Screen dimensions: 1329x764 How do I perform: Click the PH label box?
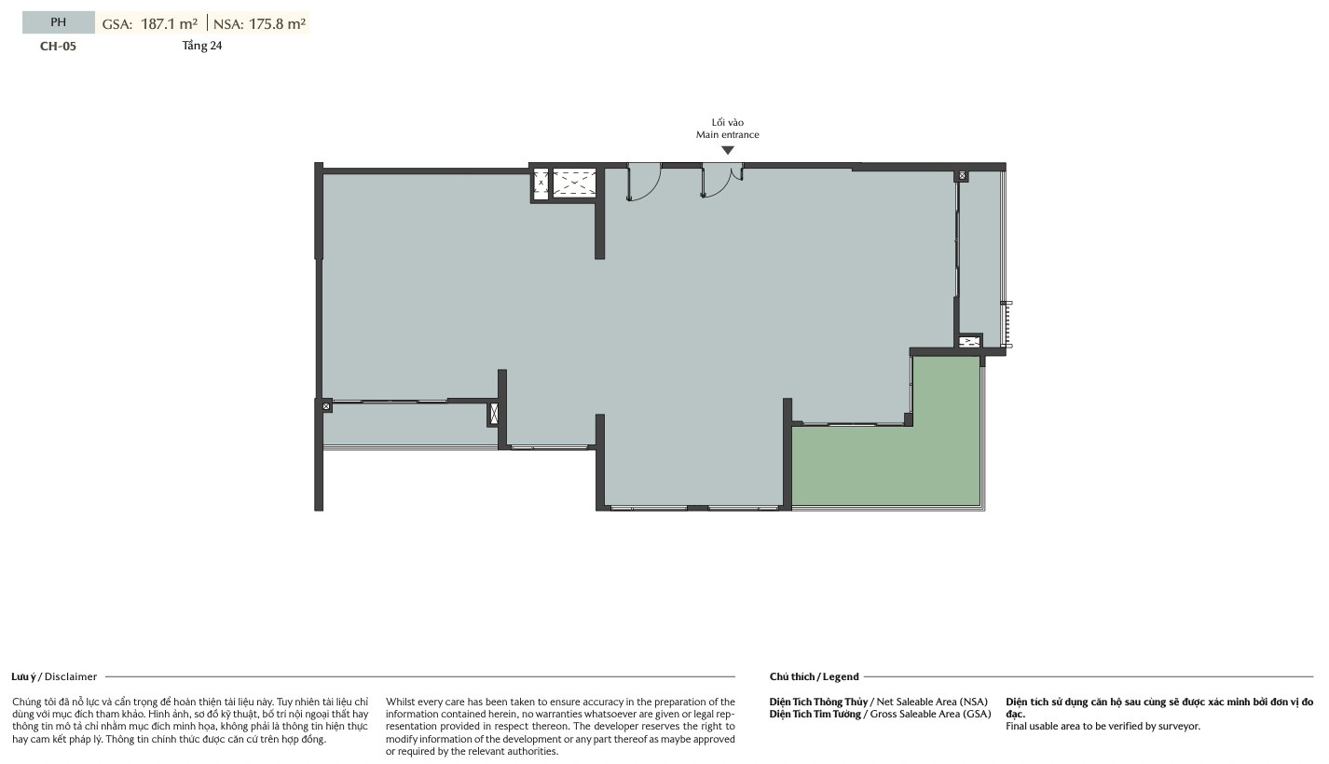(x=58, y=22)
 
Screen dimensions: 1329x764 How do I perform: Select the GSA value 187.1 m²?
(x=169, y=23)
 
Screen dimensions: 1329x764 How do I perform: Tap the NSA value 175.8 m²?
(x=277, y=23)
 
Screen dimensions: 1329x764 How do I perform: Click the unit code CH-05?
(x=58, y=47)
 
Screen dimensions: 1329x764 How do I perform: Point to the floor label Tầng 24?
(x=201, y=46)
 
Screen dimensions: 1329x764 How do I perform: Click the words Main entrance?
(x=727, y=135)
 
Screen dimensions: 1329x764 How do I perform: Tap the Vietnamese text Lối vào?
(x=727, y=122)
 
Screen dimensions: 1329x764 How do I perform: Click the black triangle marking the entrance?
(x=727, y=151)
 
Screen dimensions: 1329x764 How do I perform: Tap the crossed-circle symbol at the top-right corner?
(x=962, y=175)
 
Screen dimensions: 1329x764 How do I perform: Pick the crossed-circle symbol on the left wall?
(x=325, y=406)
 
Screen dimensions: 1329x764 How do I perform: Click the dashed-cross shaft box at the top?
(x=574, y=183)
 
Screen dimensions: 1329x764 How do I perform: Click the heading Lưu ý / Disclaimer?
(x=54, y=676)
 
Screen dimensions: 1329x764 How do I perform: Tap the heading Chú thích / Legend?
(x=814, y=676)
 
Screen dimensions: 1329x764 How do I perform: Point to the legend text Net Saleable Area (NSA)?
(x=932, y=702)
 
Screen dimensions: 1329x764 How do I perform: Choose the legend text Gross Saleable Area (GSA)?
(x=930, y=714)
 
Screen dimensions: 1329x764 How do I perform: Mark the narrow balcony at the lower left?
(x=409, y=424)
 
